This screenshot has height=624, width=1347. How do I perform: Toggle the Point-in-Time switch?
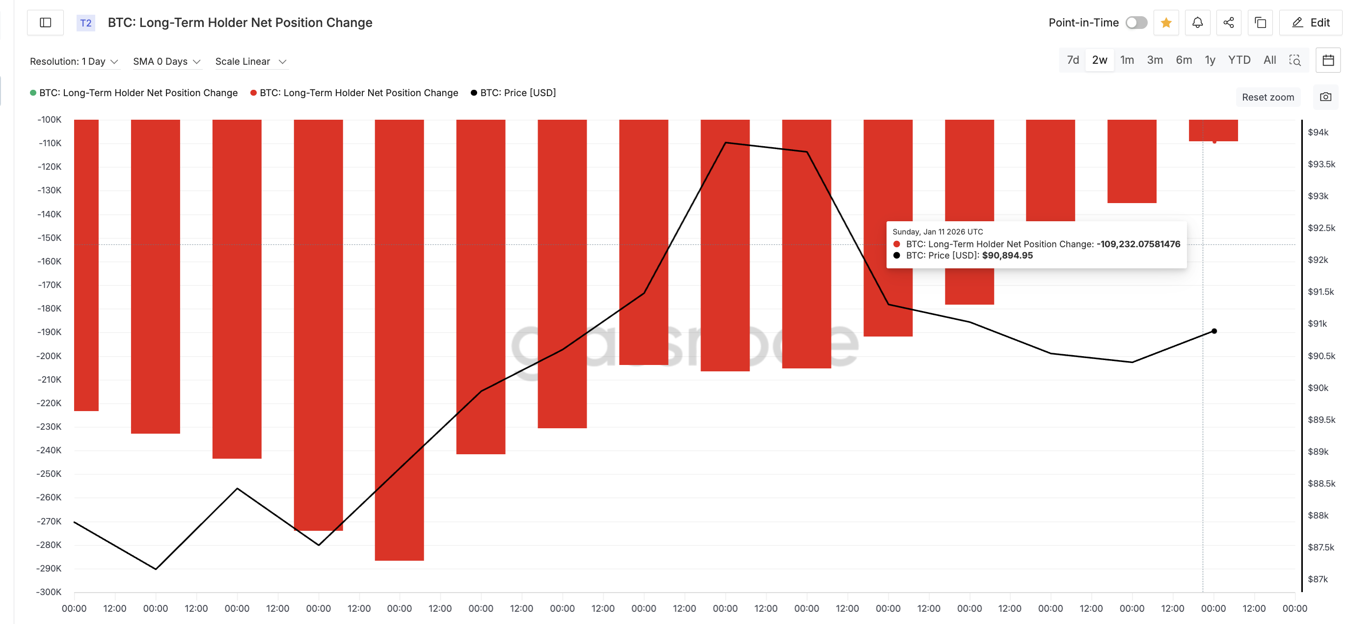pyautogui.click(x=1136, y=23)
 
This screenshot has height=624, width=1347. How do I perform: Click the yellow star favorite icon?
pyautogui.click(x=1165, y=23)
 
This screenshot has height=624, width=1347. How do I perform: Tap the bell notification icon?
pyautogui.click(x=1197, y=23)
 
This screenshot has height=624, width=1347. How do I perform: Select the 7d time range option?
pyautogui.click(x=1073, y=60)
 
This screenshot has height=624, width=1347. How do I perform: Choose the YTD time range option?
pyautogui.click(x=1239, y=60)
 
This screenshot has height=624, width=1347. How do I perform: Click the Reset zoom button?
pyautogui.click(x=1267, y=97)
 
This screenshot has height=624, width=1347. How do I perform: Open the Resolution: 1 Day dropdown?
pyautogui.click(x=74, y=62)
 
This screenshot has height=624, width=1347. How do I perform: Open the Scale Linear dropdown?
pyautogui.click(x=250, y=62)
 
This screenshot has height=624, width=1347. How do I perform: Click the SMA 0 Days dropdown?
pyautogui.click(x=166, y=62)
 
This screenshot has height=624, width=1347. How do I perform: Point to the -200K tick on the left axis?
pyautogui.click(x=49, y=356)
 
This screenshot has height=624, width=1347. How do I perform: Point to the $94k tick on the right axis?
pyautogui.click(x=1318, y=132)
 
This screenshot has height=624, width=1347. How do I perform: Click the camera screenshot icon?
pyautogui.click(x=1325, y=97)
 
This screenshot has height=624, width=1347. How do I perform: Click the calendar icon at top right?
pyautogui.click(x=1328, y=60)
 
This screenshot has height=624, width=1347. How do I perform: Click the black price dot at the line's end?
pyautogui.click(x=1213, y=331)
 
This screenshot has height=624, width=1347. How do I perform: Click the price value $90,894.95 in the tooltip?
pyautogui.click(x=1007, y=256)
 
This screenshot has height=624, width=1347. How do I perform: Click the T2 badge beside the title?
pyautogui.click(x=86, y=23)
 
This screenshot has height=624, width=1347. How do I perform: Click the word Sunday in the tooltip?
pyautogui.click(x=906, y=232)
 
